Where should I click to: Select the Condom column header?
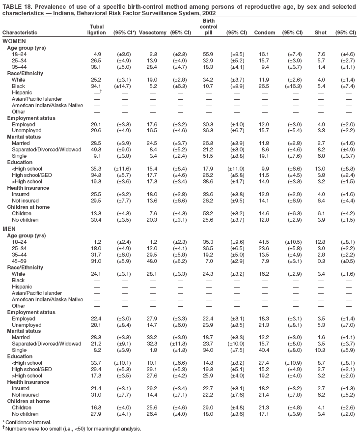pyautogui.click(x=265, y=32)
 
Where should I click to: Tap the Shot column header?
pyautogui.click(x=320, y=32)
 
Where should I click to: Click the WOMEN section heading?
pyautogui.click(x=14, y=41)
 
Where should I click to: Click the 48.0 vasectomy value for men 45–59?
pyautogui.click(x=153, y=261)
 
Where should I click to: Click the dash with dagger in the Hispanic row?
pyautogui.click(x=97, y=92)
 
